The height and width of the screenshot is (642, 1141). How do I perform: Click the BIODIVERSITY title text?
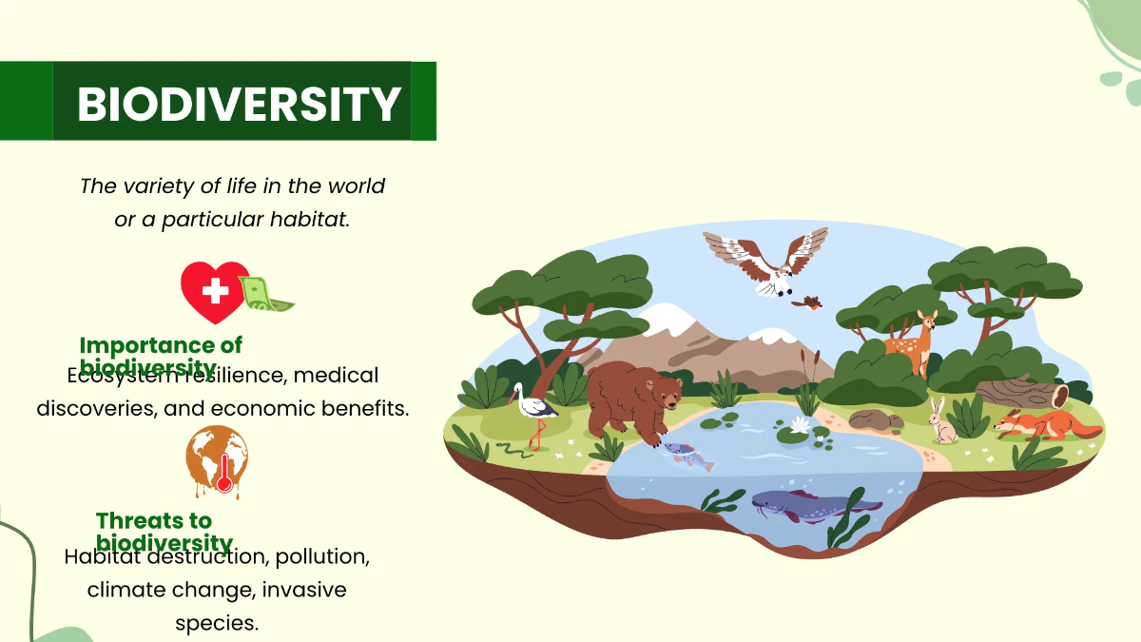(x=239, y=104)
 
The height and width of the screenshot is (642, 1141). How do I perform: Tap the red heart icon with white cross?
(x=215, y=291)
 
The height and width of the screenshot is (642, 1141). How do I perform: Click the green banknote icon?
(x=266, y=294)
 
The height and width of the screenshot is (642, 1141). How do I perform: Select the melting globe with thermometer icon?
(x=218, y=460)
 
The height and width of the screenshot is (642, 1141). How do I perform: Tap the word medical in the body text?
(x=336, y=376)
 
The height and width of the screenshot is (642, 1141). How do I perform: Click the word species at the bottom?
(x=217, y=624)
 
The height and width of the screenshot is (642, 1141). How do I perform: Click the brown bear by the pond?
(x=631, y=399)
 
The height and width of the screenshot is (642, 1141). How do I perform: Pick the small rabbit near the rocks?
(x=942, y=422)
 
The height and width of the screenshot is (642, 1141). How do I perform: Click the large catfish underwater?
(x=808, y=504)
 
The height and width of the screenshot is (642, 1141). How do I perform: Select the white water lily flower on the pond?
(x=797, y=424)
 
